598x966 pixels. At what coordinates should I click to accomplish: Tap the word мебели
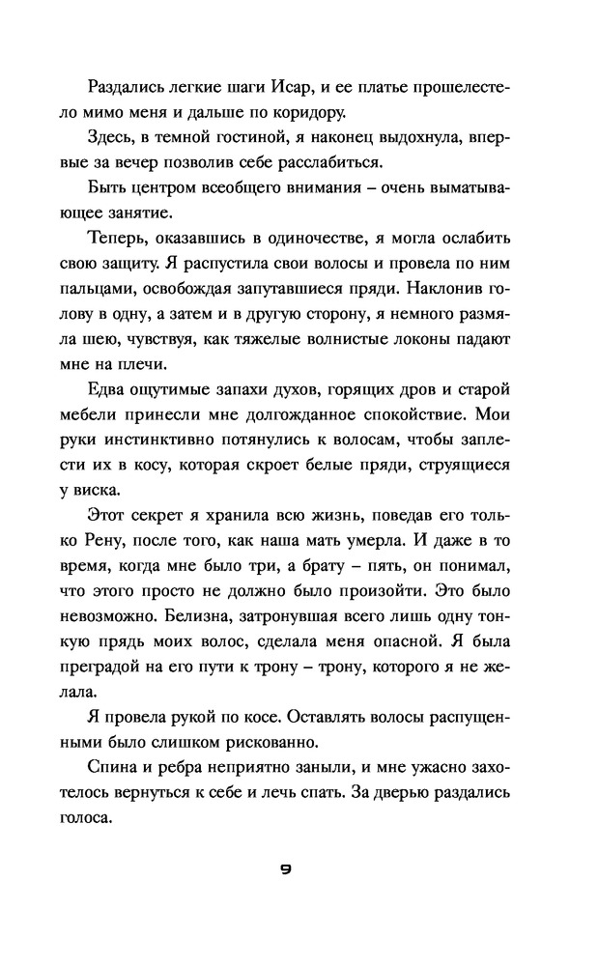coord(115,415)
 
